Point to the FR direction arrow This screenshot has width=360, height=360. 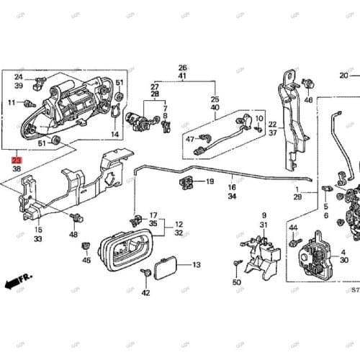tap(15, 277)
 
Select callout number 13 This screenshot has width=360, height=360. tap(196, 265)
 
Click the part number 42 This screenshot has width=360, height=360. tap(145, 293)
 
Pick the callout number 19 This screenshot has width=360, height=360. tap(210, 182)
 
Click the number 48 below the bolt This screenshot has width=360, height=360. tap(73, 235)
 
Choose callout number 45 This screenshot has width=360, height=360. tap(86, 260)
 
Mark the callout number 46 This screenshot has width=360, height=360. tap(309, 100)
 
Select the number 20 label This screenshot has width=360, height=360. tap(344, 76)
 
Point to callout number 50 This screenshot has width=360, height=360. tap(237, 282)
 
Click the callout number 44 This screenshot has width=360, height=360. tap(293, 228)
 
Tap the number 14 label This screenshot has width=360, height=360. tap(115, 135)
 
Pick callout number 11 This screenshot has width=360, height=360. tap(12, 103)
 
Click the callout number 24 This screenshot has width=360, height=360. tap(18, 77)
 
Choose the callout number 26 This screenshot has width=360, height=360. tap(182, 67)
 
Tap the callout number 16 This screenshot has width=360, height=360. tap(232, 186)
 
